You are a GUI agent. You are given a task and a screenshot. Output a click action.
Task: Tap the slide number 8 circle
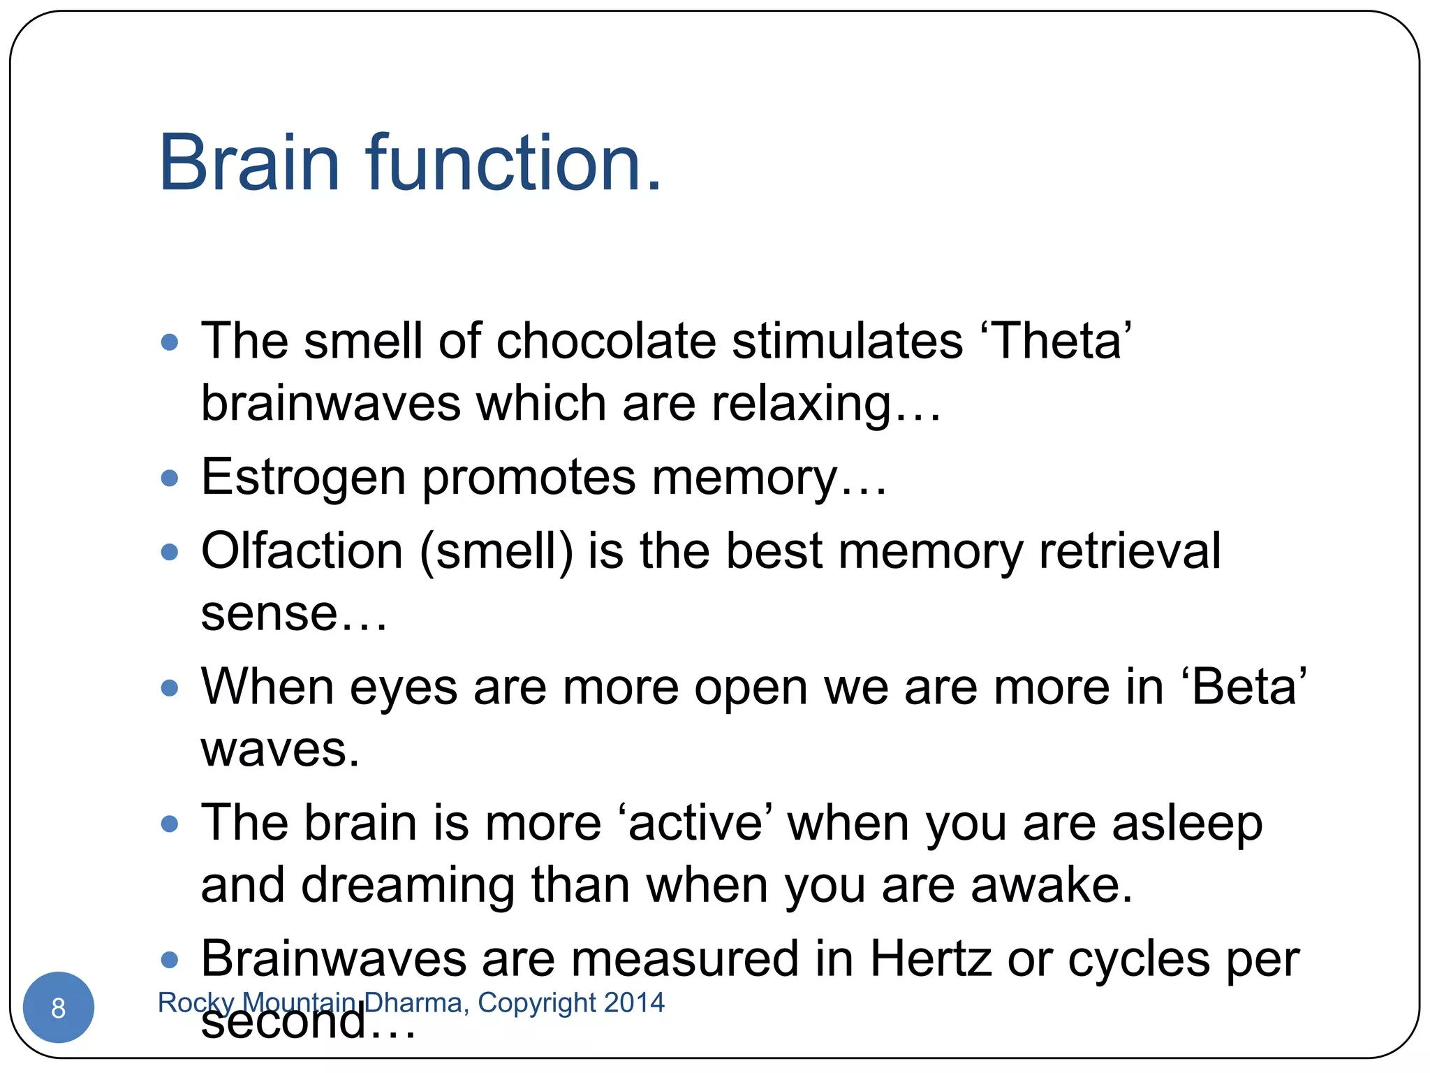click(x=59, y=1007)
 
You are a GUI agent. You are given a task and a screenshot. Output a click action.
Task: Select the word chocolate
click(x=606, y=341)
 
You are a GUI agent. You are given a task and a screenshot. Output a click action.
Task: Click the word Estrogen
click(x=303, y=478)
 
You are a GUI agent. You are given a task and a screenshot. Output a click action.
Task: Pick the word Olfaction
click(x=302, y=551)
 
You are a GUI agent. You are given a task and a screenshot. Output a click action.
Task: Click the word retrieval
click(x=1130, y=551)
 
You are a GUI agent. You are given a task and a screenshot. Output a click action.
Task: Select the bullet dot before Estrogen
click(x=169, y=479)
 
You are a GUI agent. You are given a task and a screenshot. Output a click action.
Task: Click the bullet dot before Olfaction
click(x=169, y=553)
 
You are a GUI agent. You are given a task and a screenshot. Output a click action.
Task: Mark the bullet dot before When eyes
click(x=169, y=688)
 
